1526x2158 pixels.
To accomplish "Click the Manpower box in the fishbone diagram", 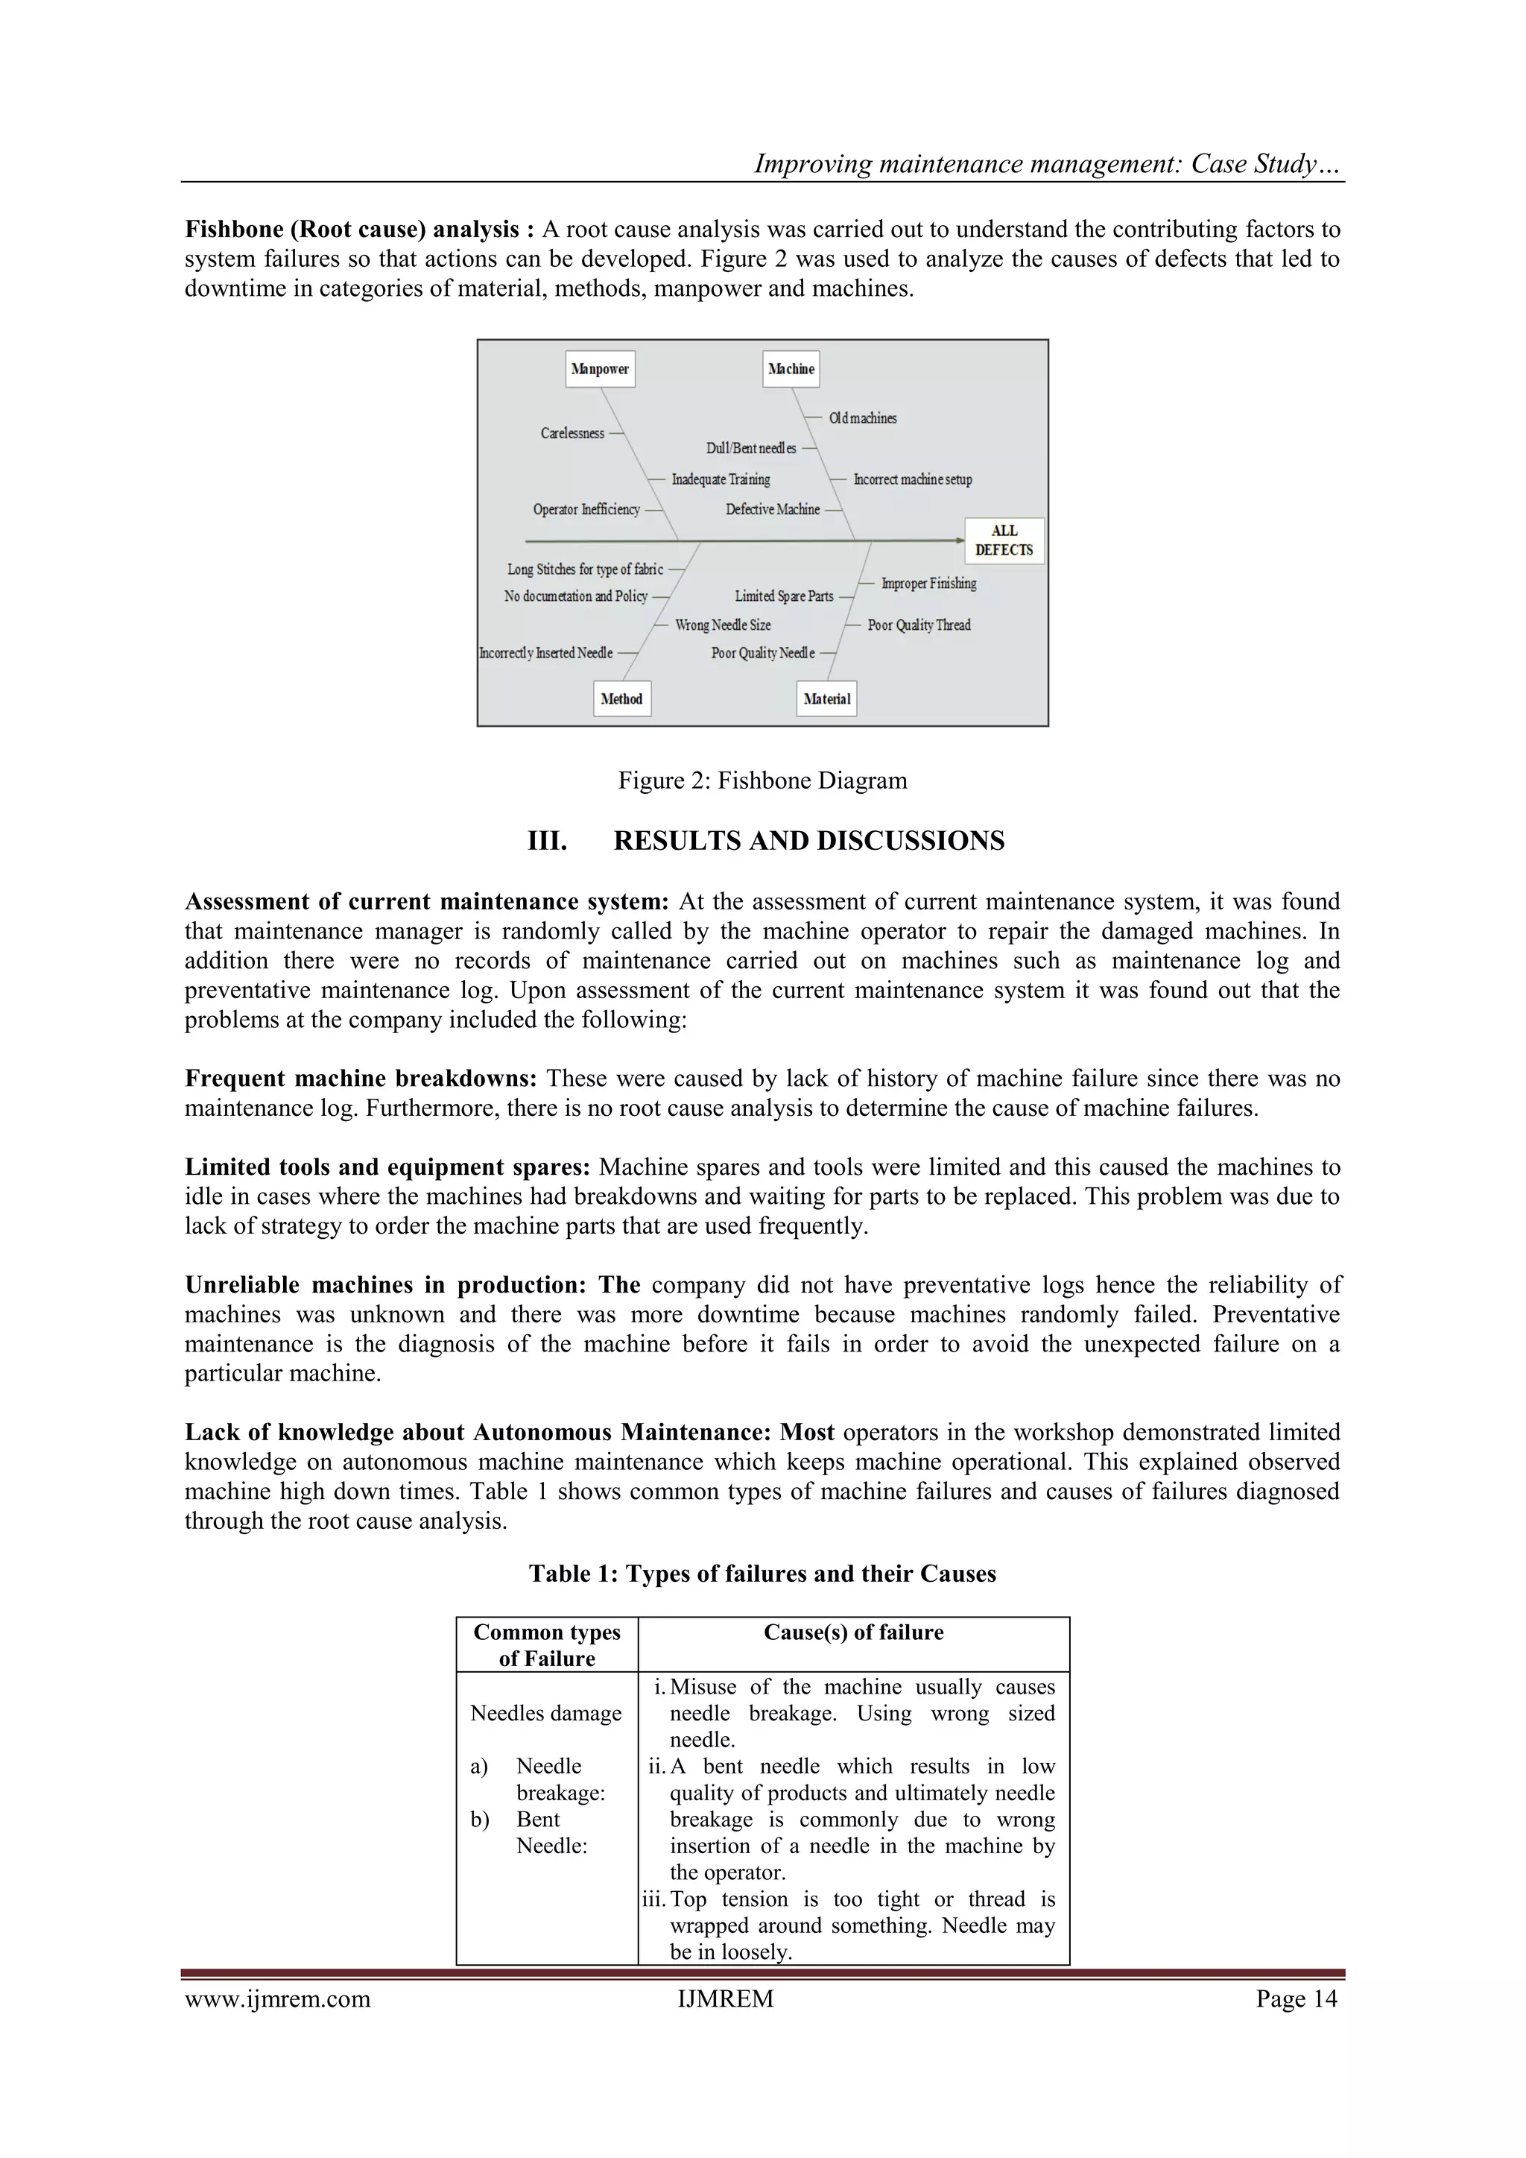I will click(601, 368).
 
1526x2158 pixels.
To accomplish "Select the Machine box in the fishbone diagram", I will click(791, 368).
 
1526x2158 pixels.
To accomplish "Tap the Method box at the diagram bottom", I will click(621, 698).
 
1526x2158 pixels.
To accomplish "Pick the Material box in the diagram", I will click(827, 698).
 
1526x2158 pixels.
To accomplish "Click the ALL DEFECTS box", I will click(1004, 540).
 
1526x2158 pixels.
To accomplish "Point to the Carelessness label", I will click(572, 433).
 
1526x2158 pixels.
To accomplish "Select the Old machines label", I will click(863, 418).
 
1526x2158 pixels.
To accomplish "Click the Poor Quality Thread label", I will click(919, 625).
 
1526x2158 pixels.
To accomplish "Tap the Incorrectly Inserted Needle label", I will click(546, 653).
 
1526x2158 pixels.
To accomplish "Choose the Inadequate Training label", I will click(721, 479).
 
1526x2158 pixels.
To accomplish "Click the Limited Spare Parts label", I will click(784, 596).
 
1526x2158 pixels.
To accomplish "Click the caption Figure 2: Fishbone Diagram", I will click(762, 780).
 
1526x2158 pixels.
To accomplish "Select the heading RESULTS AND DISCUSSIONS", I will click(808, 840).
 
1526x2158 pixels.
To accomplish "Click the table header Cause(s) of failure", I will click(853, 1632).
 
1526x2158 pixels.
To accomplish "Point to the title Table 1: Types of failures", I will click(762, 1574).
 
